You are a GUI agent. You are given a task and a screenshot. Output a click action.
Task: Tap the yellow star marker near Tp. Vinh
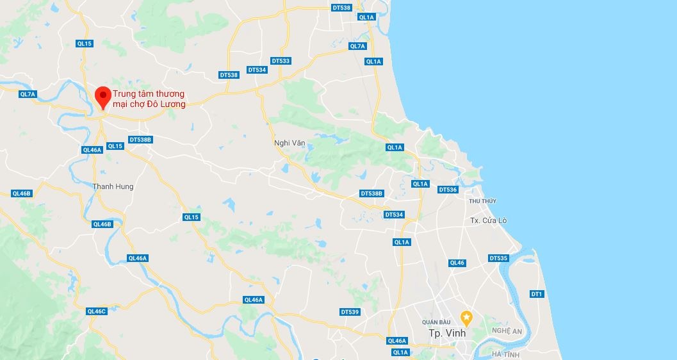click(x=467, y=316)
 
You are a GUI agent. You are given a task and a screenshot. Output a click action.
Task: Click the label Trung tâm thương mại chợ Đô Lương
click(x=149, y=99)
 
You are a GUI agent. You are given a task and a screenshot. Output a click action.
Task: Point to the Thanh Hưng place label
click(x=113, y=186)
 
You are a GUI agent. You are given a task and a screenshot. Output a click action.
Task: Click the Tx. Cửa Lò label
click(x=488, y=220)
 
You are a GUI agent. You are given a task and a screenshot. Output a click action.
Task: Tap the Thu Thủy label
click(x=482, y=201)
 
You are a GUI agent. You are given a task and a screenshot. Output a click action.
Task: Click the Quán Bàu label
click(x=437, y=322)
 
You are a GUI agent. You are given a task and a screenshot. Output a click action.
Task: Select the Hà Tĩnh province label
click(x=505, y=354)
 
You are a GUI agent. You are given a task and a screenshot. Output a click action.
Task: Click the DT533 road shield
click(x=281, y=61)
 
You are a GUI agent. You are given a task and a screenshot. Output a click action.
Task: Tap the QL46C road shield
click(x=96, y=311)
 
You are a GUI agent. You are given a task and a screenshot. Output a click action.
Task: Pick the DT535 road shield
click(x=498, y=258)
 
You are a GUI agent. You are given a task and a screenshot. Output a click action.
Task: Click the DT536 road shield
click(x=448, y=190)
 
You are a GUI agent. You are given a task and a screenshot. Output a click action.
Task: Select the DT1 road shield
click(x=536, y=294)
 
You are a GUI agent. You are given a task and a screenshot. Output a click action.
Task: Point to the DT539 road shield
click(x=350, y=312)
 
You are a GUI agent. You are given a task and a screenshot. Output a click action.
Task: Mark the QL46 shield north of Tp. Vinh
click(x=457, y=263)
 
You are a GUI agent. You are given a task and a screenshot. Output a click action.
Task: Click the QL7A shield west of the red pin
click(x=28, y=94)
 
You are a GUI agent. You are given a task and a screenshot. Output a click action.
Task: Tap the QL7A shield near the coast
click(x=357, y=46)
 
